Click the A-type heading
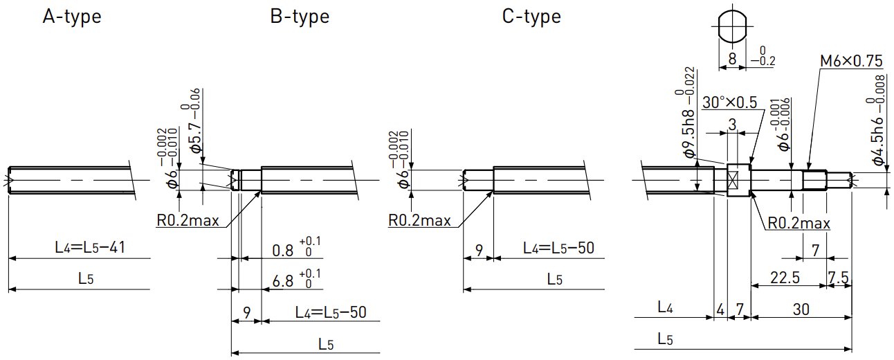(x=72, y=17)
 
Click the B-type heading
(x=300, y=17)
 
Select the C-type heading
(x=531, y=17)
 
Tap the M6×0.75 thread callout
(x=851, y=61)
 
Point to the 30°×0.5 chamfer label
(x=729, y=102)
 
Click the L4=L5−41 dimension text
(x=90, y=247)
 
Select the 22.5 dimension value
(x=785, y=278)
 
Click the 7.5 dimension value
(x=838, y=278)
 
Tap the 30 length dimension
(x=801, y=309)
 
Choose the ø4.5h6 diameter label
(x=878, y=141)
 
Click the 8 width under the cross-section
(x=732, y=59)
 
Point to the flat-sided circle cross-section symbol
(x=732, y=27)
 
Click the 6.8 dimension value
(x=282, y=281)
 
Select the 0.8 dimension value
(x=282, y=251)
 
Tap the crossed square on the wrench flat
(x=733, y=180)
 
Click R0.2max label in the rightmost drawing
(x=799, y=223)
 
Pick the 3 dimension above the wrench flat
(x=732, y=125)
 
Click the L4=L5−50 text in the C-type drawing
(x=559, y=249)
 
